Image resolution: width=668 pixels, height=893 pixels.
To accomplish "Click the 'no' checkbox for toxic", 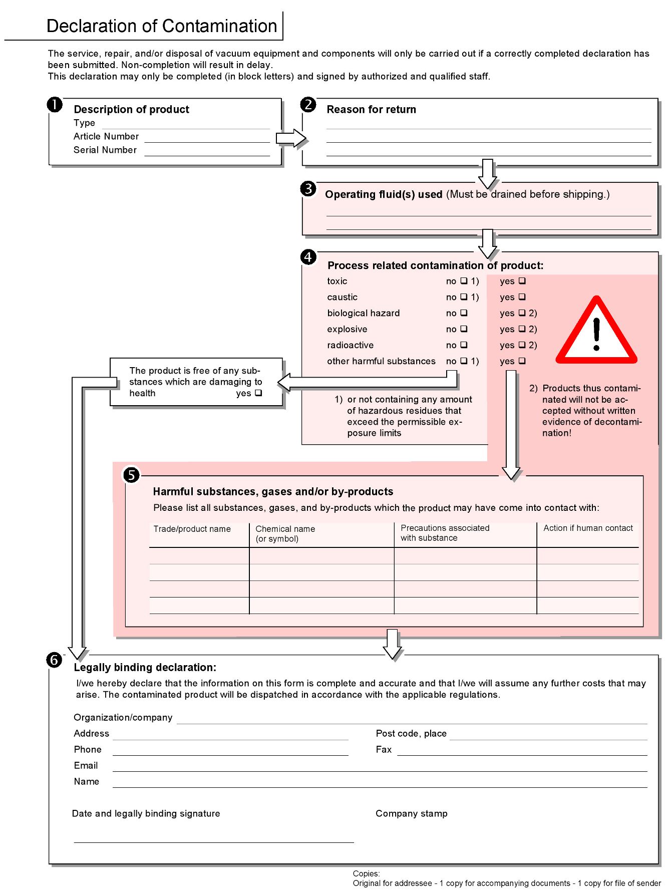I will coord(464,281).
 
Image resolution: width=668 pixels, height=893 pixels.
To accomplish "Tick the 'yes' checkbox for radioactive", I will coord(522,345).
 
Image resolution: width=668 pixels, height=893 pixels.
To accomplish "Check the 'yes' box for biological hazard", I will coord(522,313).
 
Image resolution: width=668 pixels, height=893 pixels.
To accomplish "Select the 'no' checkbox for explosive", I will coord(464,329).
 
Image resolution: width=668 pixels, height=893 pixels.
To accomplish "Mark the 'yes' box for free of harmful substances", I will coord(258,393).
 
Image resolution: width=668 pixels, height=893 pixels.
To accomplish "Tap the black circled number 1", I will coord(55,105).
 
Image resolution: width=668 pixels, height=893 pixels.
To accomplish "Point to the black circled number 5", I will coord(131,475).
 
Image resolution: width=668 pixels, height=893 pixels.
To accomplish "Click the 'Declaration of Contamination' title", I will coord(161,26).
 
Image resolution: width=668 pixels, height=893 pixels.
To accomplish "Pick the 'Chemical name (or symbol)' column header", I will coord(285,534).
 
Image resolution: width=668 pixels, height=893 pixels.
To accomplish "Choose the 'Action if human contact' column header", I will coord(588,528).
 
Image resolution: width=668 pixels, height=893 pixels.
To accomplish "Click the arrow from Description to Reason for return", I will coord(291,138).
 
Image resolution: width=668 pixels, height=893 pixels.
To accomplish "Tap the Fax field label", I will coord(384,749).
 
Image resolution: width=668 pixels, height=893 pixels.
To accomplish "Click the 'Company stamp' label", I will coord(411,813).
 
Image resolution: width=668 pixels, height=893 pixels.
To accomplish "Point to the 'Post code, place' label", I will coord(411,733).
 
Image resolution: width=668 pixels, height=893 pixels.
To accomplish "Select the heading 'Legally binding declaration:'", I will coord(145,667).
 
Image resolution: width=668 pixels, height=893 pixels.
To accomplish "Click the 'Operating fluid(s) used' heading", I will coord(383,194).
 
